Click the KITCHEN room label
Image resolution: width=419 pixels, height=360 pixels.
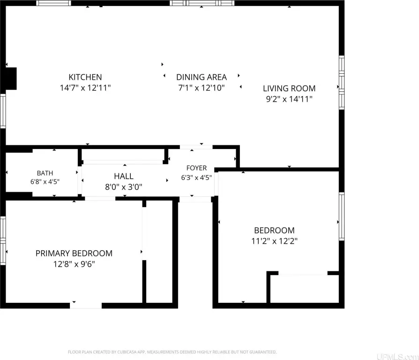85,77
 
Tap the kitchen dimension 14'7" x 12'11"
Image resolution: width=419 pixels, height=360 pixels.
85,88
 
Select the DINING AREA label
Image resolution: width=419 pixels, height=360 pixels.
202,77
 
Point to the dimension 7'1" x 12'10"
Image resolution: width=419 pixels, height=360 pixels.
202,88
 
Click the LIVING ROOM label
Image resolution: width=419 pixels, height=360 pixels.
289,88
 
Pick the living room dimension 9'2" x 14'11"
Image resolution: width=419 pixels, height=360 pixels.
289,99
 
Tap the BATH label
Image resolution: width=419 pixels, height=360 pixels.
45,173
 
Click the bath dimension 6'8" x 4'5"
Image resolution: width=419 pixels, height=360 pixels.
45,182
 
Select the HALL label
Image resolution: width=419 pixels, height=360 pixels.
124,176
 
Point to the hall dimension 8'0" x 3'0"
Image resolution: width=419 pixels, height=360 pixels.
124,187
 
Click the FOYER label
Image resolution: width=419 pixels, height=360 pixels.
196,168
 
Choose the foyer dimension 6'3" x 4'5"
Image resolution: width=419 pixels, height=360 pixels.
196,178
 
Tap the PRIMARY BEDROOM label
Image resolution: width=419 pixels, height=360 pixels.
74,253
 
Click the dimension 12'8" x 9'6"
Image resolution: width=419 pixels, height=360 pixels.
74,264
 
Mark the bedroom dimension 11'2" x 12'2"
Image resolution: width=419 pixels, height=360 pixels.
275,241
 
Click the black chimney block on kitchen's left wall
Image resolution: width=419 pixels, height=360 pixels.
11,79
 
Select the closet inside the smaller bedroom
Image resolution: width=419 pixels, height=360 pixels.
304,289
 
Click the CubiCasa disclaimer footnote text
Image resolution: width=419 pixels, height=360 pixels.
172,352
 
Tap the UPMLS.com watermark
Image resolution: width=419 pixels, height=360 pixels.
397,356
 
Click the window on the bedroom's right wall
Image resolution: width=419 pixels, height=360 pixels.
342,216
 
